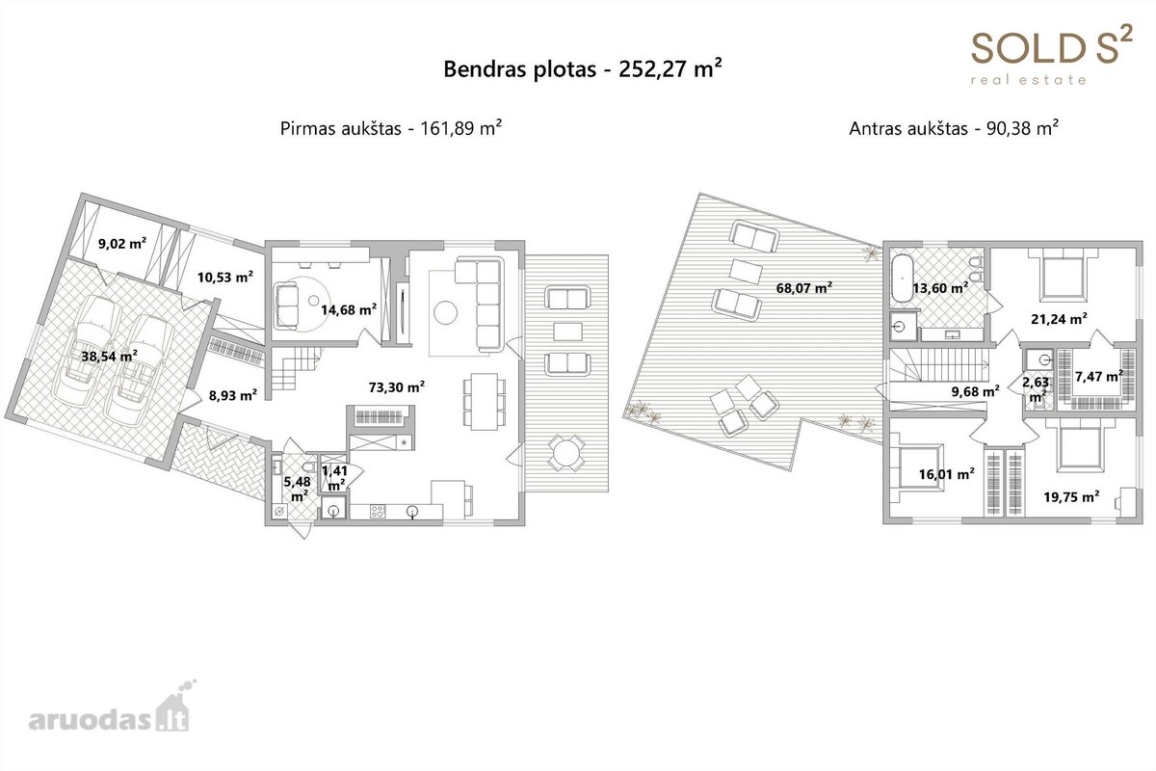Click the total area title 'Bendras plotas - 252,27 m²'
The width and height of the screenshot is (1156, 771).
point(583,68)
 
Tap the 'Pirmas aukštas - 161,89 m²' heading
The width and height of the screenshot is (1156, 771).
point(391,128)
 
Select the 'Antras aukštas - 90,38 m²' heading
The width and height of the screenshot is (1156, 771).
point(954,128)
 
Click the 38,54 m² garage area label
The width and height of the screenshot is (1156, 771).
point(110,356)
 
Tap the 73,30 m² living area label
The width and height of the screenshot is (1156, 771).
point(396,386)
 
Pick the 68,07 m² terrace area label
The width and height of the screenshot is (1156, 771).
point(804,287)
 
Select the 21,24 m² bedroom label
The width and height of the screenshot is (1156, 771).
point(1059,319)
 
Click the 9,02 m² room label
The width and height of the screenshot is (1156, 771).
point(122,243)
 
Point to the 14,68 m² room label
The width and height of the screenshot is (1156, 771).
point(349,310)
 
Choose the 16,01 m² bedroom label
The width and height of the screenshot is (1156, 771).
point(946,473)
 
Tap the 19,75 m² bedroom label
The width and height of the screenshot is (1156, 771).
point(1071,496)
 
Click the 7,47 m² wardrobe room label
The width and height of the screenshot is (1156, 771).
point(1099,377)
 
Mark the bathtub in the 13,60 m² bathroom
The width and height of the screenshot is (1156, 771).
point(902,278)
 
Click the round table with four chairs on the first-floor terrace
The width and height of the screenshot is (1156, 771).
point(566,453)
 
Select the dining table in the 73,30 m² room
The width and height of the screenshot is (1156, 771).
point(484,402)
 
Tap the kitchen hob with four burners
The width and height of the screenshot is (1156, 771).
point(378,512)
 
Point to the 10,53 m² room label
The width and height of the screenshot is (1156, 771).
point(225,278)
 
